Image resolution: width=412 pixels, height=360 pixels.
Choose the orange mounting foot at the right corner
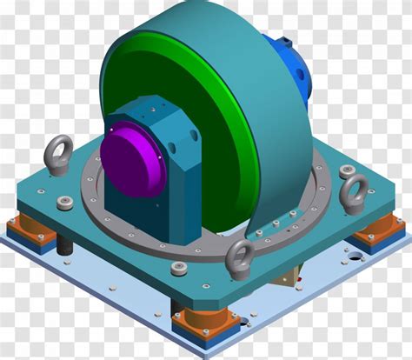[x=375, y=231]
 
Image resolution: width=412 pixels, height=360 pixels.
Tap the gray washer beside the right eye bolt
[x=338, y=170]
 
